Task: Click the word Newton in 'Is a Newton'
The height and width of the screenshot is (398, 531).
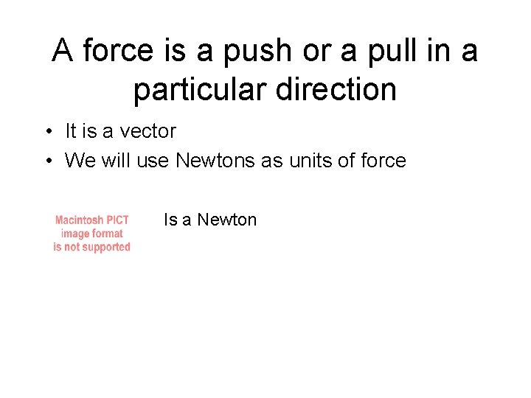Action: click(227, 220)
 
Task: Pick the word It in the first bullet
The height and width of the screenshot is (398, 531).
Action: click(71, 131)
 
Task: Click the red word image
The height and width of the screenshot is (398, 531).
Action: click(76, 233)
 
